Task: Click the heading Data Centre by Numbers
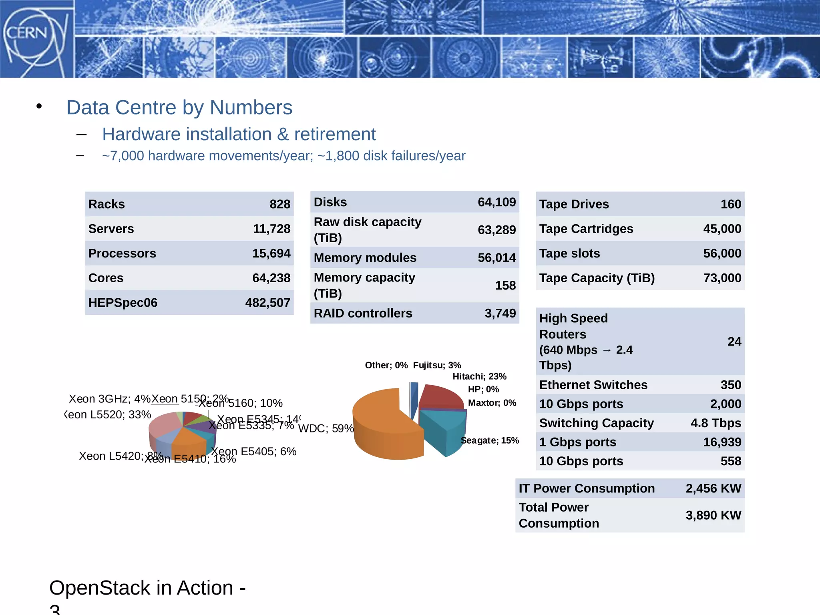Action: (x=179, y=107)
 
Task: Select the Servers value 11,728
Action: (x=271, y=229)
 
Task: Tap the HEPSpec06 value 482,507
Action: (x=267, y=302)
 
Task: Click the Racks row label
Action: (x=107, y=204)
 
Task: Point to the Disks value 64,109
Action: (x=496, y=202)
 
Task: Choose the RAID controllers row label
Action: (x=363, y=313)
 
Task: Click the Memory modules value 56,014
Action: (x=496, y=257)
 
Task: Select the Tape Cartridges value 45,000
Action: (x=722, y=229)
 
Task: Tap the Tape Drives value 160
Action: (x=731, y=204)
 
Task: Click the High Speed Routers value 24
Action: (x=734, y=342)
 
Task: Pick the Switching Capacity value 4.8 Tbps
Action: (x=715, y=423)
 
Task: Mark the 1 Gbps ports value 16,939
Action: (x=722, y=442)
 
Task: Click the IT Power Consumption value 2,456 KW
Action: (x=713, y=488)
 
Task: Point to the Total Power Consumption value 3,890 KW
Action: (x=713, y=515)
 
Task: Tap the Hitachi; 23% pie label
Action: (x=479, y=376)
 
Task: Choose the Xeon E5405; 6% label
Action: (x=254, y=451)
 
